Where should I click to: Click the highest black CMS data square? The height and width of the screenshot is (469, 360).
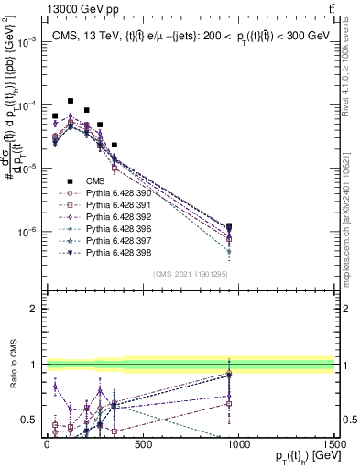coord(71,101)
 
